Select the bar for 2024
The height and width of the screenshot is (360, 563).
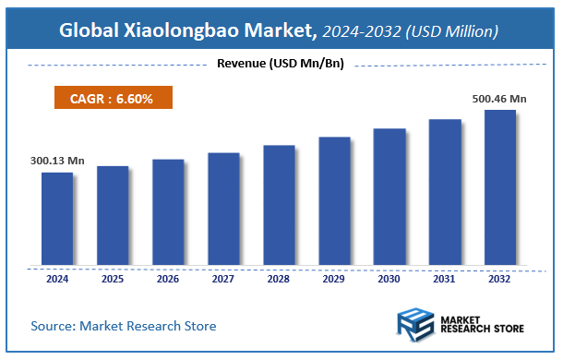[x=57, y=220]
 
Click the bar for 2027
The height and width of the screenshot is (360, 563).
[x=223, y=210]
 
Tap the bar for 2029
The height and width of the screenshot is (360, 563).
[x=334, y=202]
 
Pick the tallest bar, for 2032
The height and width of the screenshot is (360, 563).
[x=500, y=188]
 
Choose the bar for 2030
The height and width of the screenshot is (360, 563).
[x=389, y=198]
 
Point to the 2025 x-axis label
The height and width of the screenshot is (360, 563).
[x=113, y=278]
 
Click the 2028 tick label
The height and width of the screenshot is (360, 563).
[x=279, y=278]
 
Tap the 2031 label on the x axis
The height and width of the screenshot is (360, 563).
[x=445, y=278]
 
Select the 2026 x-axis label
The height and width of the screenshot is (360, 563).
[x=168, y=278]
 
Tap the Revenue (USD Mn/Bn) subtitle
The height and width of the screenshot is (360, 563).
[x=281, y=64]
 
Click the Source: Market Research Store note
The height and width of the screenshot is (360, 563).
[x=124, y=326]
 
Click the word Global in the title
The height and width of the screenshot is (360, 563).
[x=92, y=31]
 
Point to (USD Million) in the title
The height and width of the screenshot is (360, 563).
[x=455, y=31]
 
